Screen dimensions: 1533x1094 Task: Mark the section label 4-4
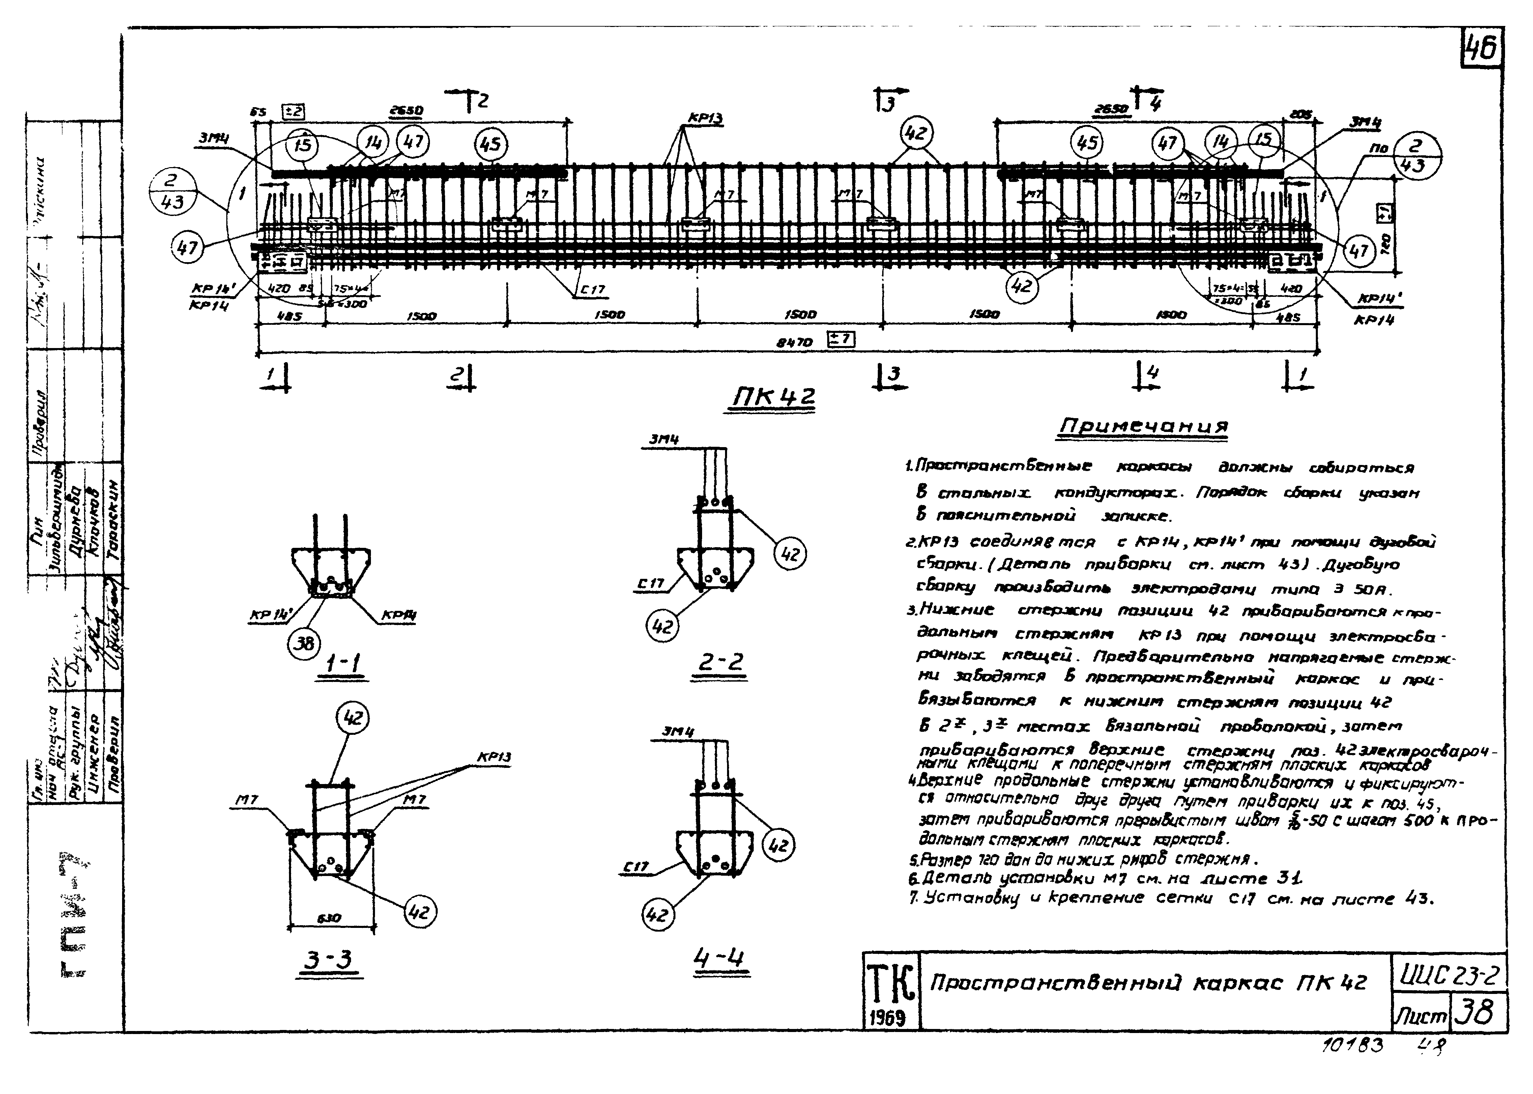(x=719, y=957)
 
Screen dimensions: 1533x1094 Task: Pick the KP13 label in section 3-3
(x=494, y=757)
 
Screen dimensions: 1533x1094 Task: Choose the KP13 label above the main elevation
(x=705, y=119)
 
